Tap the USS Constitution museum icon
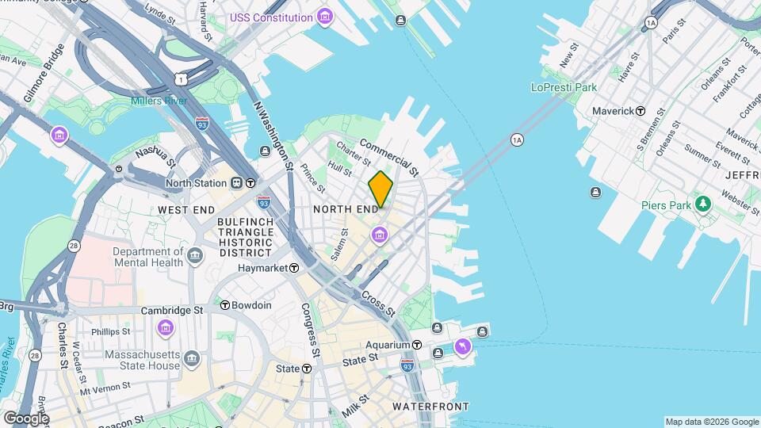(323, 17)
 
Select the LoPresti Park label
(563, 87)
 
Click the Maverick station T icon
(640, 111)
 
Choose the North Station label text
(196, 183)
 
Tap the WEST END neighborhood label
(186, 209)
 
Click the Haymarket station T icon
(293, 269)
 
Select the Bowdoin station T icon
(225, 305)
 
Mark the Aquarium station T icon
(416, 345)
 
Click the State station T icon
(306, 369)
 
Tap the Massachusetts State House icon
(193, 361)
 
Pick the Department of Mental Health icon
(195, 256)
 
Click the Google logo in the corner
(25, 418)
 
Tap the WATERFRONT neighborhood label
(431, 407)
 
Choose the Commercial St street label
(389, 157)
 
